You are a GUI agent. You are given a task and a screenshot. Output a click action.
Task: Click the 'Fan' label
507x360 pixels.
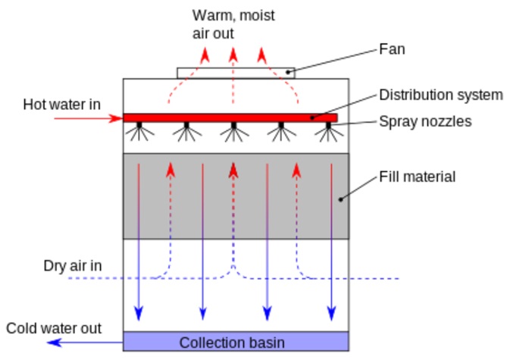(392, 49)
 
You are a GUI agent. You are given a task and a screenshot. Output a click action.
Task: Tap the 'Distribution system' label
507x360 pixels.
(441, 95)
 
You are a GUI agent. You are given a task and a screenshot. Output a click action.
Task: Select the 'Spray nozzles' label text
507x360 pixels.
(425, 121)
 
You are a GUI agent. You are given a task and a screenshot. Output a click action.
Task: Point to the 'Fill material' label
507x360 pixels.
(417, 177)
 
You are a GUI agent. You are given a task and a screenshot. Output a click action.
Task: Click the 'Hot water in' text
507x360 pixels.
(61, 105)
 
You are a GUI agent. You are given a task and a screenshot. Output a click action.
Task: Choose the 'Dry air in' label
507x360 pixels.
(73, 266)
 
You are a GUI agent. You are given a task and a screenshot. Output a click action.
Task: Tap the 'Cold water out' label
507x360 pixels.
(54, 328)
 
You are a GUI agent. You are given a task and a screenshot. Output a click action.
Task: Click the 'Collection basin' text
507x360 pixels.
(232, 343)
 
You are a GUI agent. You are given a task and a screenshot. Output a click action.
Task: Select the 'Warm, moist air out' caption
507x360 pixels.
(233, 24)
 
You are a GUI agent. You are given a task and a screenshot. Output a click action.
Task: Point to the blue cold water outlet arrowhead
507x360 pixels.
(55, 343)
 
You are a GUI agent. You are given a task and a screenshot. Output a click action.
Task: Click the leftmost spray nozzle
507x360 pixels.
(139, 131)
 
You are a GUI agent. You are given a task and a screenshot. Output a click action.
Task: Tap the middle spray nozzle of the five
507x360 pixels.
(233, 131)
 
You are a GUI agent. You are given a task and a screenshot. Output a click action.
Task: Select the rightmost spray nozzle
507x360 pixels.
(328, 131)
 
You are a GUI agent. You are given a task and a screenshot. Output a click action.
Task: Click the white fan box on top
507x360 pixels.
(236, 73)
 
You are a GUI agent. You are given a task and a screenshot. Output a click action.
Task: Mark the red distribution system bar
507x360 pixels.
(230, 117)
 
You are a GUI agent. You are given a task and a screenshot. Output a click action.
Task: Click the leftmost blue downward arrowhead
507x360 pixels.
(139, 312)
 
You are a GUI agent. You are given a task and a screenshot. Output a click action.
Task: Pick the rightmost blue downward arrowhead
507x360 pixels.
(331, 312)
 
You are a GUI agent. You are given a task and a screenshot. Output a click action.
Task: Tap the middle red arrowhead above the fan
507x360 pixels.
(233, 55)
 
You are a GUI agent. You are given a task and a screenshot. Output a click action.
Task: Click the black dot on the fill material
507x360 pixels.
(340, 199)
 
